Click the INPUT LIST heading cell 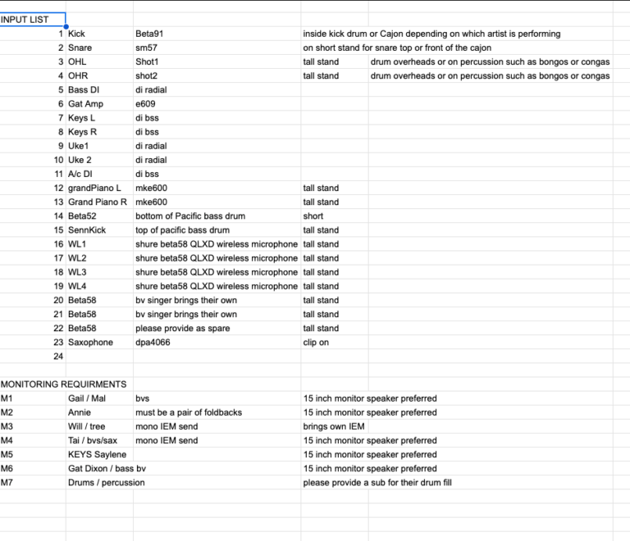tap(25, 20)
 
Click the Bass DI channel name tap(84, 89)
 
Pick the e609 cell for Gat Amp tap(145, 104)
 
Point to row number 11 tap(58, 174)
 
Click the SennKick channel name tap(87, 230)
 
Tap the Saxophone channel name tap(90, 342)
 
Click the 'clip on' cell tap(316, 342)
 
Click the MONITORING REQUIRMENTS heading tap(64, 384)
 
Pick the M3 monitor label tap(7, 426)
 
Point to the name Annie tap(80, 412)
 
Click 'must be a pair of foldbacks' tap(186, 412)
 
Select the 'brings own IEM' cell tap(332, 426)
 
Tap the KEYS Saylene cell tap(97, 454)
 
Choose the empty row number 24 tap(58, 356)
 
